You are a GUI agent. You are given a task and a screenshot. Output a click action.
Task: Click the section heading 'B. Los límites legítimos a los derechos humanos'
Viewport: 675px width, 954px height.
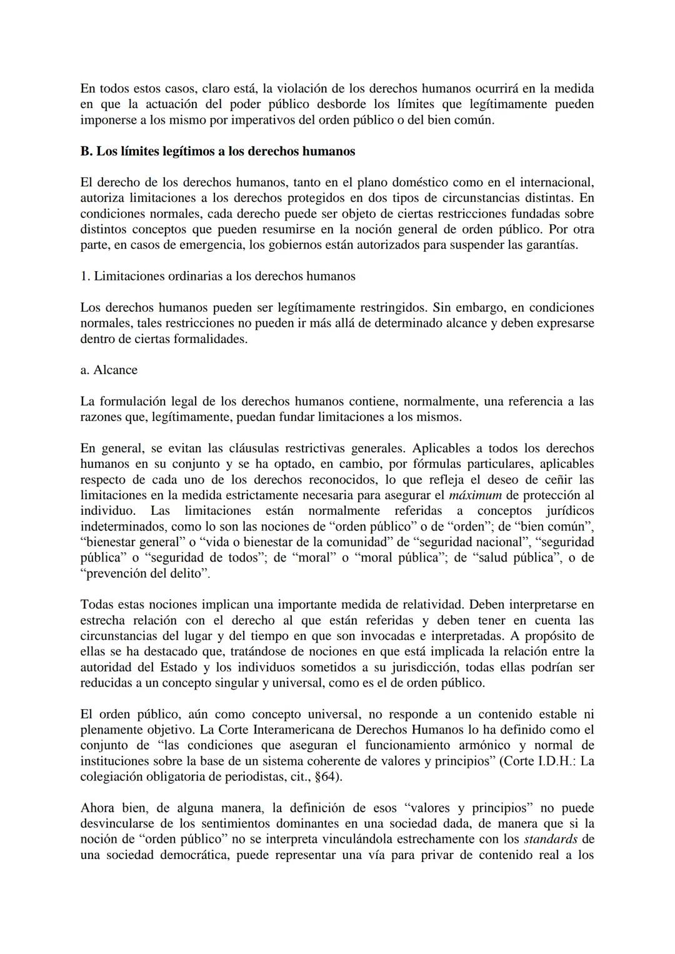coord(217,151)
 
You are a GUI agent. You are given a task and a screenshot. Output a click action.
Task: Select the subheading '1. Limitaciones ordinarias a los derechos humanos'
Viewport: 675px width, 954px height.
coord(217,276)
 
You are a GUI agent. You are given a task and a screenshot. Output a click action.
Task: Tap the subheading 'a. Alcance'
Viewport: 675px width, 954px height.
coord(109,370)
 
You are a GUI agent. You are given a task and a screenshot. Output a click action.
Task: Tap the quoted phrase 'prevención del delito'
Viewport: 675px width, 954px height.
coord(145,574)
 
